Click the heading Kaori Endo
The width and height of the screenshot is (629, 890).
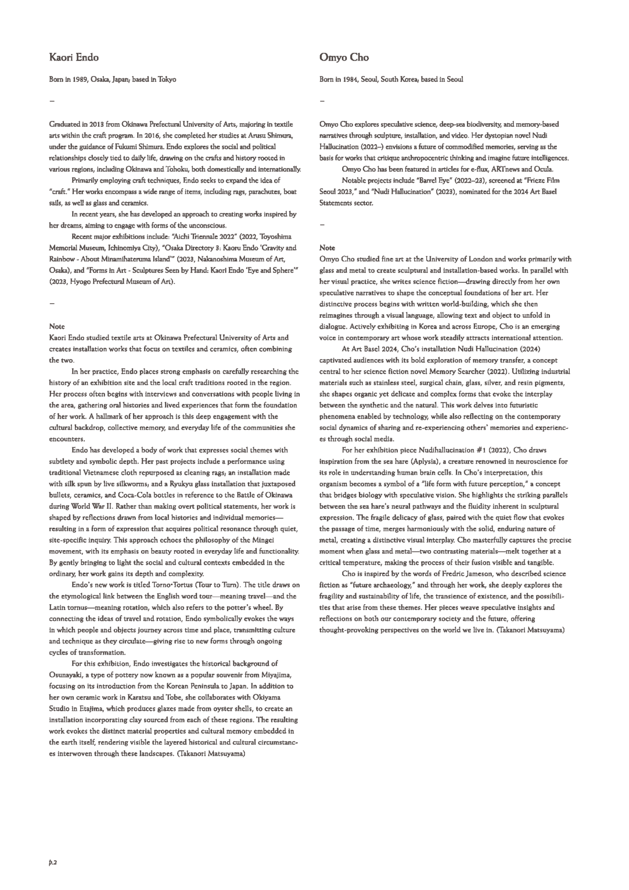(73, 57)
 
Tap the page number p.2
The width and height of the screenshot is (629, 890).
(52, 861)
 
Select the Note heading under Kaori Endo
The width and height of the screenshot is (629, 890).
(57, 326)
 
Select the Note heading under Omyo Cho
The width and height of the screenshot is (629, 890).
(327, 248)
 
